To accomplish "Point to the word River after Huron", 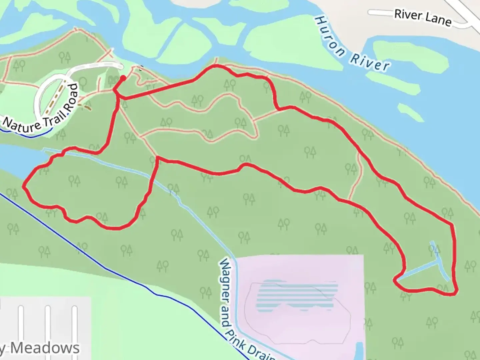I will coord(370,62).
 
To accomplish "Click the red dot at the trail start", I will coord(123,78).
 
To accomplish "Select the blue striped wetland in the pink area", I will coord(297,295).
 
